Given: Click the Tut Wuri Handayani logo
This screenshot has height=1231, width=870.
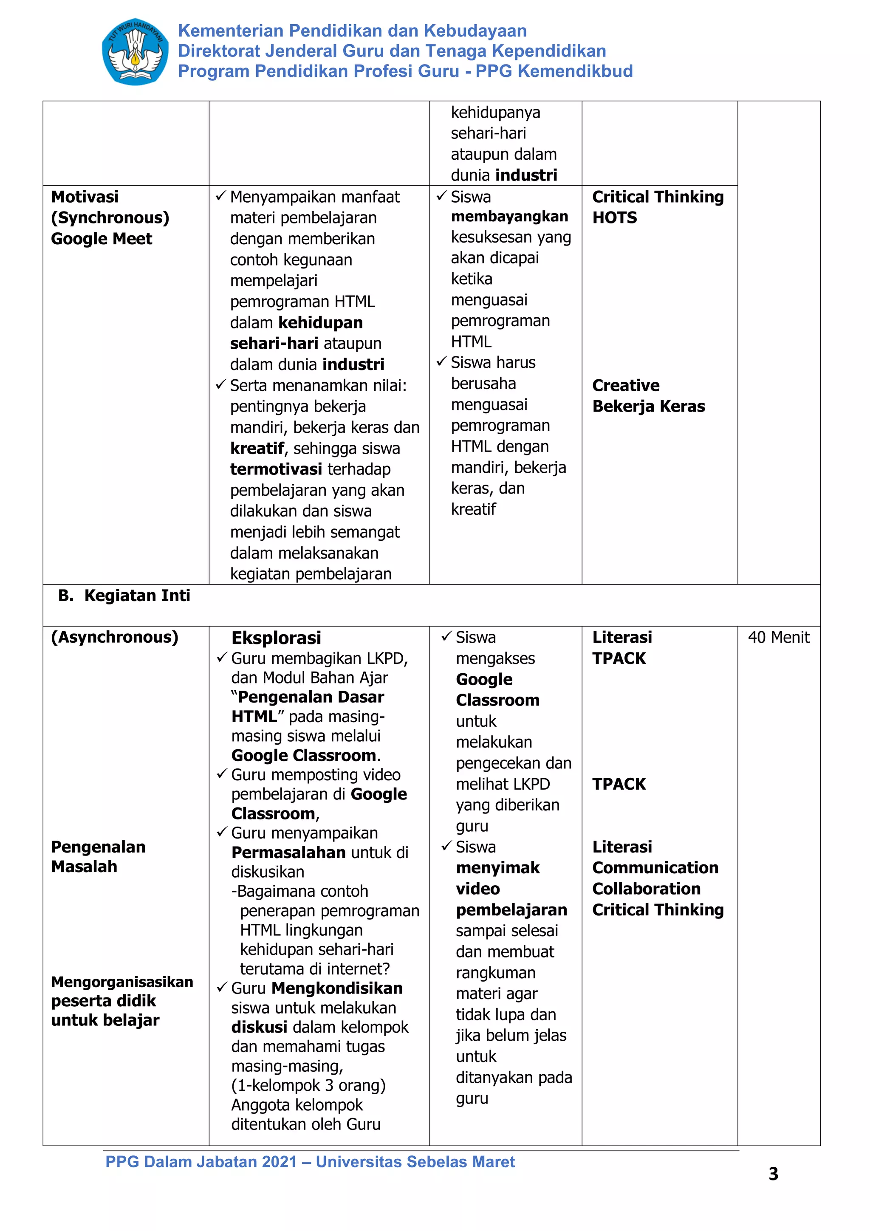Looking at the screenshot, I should point(135,52).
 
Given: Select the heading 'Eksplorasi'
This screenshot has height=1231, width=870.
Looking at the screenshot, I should point(276,638).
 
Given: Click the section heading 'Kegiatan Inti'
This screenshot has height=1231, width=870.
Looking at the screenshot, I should point(137,596).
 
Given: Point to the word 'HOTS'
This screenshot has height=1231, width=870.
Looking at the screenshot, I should point(614,217).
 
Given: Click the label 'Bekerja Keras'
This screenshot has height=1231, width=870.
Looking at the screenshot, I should point(648,407).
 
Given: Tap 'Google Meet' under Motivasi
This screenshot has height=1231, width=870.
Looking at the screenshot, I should point(101,239).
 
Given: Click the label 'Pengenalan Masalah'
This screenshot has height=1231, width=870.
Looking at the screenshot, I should point(98,856).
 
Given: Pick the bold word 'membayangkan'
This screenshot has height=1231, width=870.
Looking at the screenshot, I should point(509,217).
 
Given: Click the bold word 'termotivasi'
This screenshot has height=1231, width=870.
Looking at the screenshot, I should point(276,469).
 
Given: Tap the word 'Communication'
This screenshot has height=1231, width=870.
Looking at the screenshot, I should point(655,867).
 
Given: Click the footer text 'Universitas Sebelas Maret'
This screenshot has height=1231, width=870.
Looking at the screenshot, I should point(415,1161).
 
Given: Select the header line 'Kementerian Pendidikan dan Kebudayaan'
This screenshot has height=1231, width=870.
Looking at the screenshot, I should point(352,31).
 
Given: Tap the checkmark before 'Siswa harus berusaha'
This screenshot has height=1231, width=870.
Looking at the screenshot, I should point(441,362).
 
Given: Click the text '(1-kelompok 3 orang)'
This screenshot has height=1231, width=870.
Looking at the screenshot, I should point(308,1085).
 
